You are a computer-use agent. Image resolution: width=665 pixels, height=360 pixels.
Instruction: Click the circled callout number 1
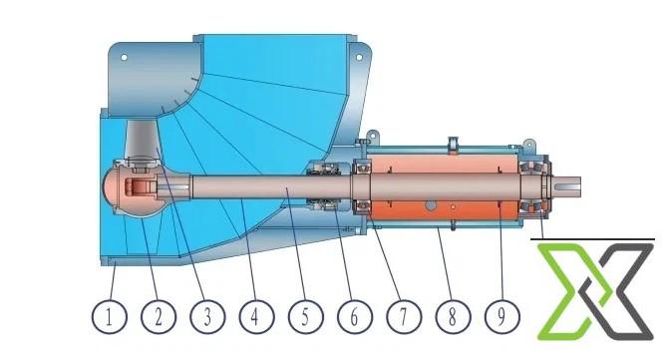[110, 316]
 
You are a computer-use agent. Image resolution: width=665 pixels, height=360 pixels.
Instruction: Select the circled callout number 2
[159, 316]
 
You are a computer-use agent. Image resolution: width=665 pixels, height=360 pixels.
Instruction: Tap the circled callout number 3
[207, 316]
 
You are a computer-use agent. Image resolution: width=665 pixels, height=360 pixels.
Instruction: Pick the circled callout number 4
[256, 316]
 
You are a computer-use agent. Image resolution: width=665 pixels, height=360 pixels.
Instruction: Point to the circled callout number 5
[305, 316]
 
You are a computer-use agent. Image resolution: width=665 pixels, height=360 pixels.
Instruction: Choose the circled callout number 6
[355, 316]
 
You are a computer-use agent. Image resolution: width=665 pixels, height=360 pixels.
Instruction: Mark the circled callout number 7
[404, 316]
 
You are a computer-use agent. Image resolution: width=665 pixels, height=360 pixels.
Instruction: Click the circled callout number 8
[453, 316]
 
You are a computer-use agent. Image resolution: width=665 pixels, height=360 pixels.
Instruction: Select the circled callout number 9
[501, 316]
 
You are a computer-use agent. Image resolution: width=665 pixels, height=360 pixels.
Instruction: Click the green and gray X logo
[595, 291]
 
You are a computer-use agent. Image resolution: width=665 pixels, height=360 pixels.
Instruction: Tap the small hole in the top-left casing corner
[124, 57]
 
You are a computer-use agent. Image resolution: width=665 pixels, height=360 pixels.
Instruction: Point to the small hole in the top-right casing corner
[359, 57]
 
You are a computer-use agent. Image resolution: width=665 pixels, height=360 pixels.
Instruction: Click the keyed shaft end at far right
[565, 186]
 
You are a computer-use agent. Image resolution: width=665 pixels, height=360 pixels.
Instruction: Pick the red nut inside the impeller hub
[137, 187]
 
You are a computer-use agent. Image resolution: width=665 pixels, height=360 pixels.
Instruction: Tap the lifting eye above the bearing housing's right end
[528, 145]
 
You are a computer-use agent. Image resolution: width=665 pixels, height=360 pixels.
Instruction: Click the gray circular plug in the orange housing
[431, 205]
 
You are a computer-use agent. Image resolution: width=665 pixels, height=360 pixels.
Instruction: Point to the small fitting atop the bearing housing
[453, 144]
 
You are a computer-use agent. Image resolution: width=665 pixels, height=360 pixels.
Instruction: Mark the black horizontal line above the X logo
[592, 239]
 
